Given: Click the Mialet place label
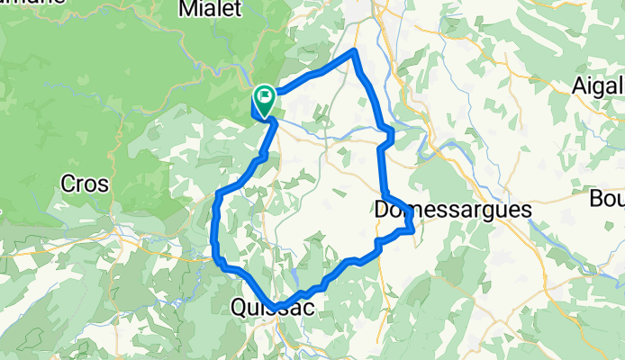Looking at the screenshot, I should pos(211,9).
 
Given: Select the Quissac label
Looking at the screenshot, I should pos(272,309).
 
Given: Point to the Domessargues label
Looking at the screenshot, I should pos(452,210).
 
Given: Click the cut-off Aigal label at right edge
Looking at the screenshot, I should pos(598,86).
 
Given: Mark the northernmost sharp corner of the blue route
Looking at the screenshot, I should pos(356,51).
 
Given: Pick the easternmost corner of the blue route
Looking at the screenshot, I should pos(412,229).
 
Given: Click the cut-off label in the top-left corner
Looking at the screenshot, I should pos(32,2).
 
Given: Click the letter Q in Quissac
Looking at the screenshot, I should pos(240,309).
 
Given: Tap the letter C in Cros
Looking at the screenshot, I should pos(68,184).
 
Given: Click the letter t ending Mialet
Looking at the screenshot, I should pos(239,9).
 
